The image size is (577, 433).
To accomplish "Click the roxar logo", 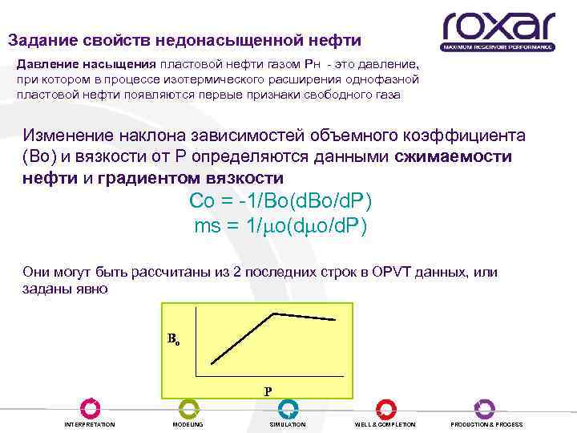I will point(498,30).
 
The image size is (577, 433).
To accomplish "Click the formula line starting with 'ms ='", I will point(280,226).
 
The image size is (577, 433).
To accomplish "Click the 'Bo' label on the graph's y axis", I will point(173,338).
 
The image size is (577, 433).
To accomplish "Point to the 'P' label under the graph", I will point(268,392).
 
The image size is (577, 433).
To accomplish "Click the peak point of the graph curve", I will point(275,313).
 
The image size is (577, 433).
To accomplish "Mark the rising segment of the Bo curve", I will point(242,338).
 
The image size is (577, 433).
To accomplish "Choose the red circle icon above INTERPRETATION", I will point(90,409).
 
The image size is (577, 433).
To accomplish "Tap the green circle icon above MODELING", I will point(188,409).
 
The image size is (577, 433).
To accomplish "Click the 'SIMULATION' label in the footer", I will point(288,424).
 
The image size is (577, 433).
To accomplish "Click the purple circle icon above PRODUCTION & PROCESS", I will point(485,409).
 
